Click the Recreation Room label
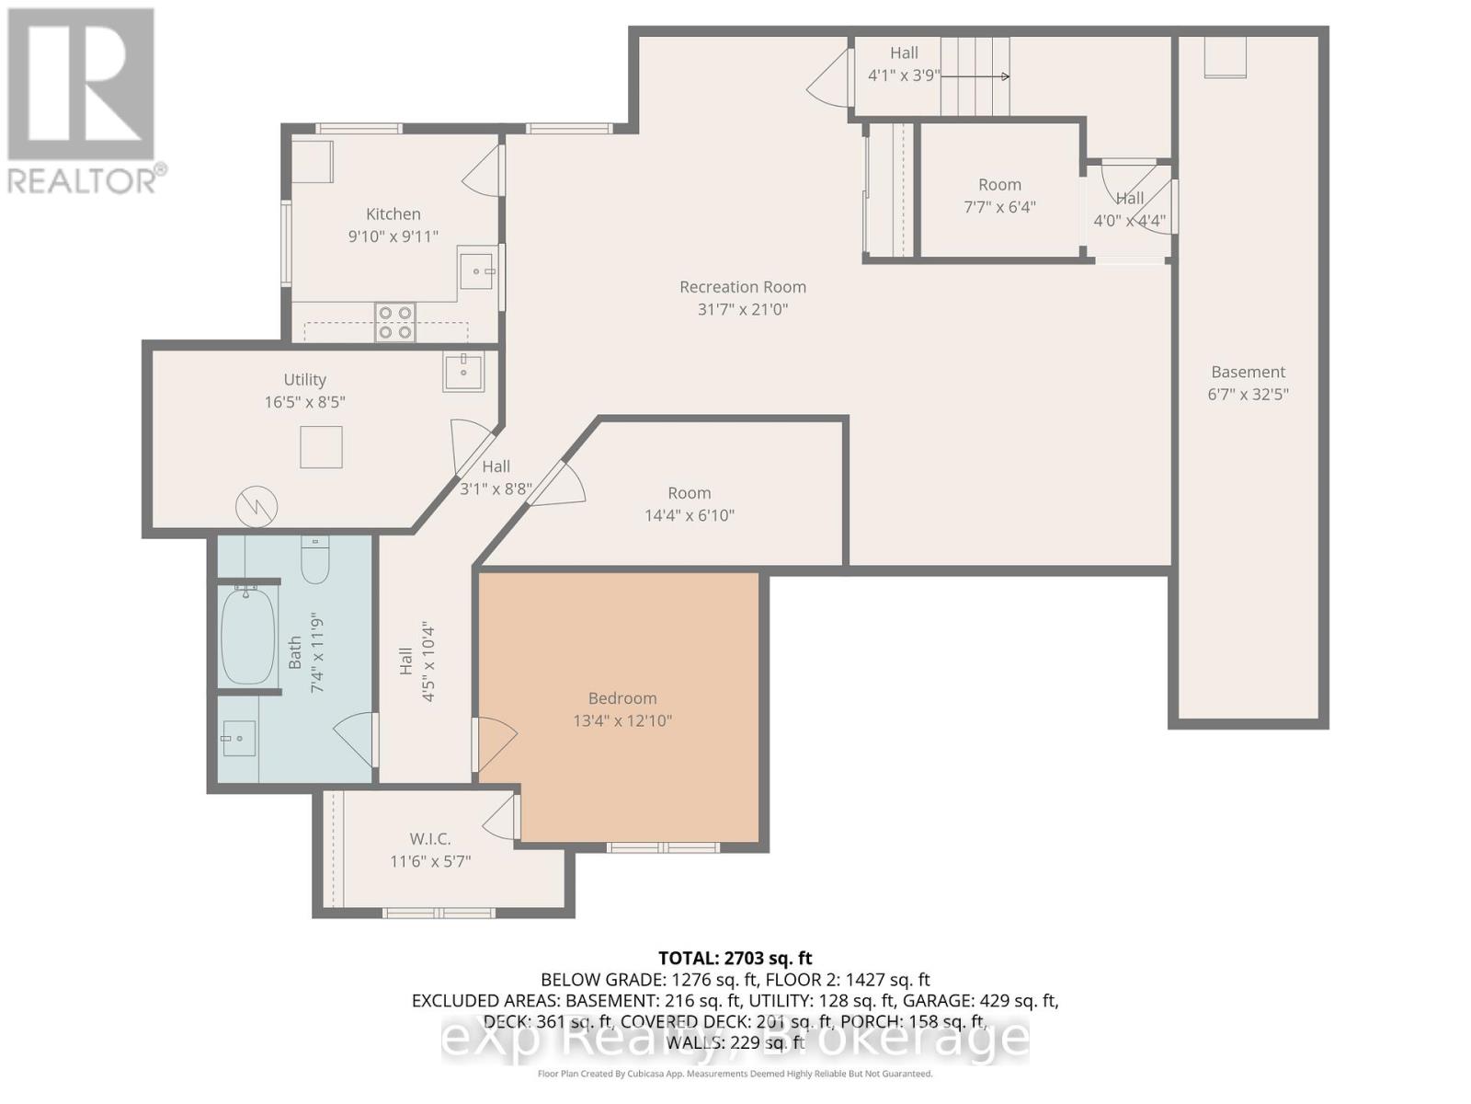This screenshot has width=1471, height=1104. point(742,287)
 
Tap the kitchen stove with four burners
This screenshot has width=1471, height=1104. point(395,322)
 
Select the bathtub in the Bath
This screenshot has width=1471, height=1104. point(247,635)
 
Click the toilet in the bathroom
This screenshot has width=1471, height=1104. point(315,561)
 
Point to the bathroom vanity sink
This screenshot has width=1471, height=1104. point(239,738)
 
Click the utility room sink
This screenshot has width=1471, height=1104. point(463,372)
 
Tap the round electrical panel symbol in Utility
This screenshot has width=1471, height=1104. point(257,506)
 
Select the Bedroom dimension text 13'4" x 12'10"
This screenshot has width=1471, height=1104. point(622,720)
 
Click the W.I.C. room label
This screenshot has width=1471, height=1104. point(429,839)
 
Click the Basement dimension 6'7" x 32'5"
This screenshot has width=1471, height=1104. point(1248,394)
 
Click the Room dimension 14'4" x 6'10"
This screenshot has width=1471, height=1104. point(689,515)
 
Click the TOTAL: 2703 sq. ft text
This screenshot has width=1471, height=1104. point(735,959)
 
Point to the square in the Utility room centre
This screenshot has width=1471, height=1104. point(321,447)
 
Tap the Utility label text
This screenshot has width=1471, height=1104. point(304,379)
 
